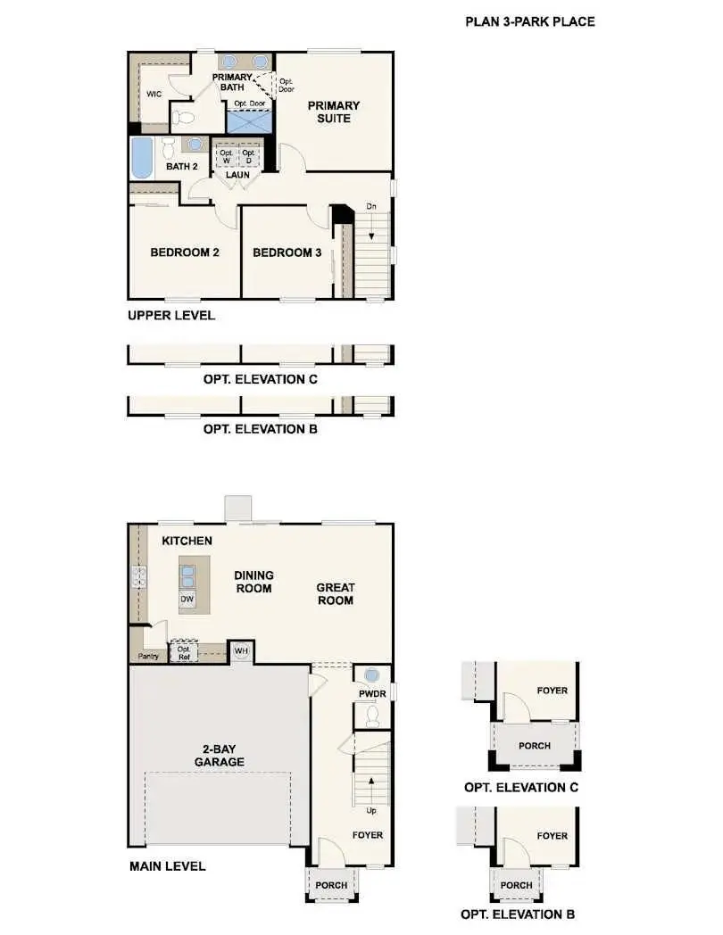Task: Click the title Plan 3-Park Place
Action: [x=529, y=22]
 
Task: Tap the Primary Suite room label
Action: [x=334, y=112]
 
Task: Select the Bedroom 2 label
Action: [x=185, y=252]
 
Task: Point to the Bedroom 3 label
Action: [x=287, y=252]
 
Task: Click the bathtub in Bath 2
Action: [x=142, y=157]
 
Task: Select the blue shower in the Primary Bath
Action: [x=249, y=121]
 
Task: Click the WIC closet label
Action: [x=154, y=95]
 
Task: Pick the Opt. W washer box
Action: [x=226, y=157]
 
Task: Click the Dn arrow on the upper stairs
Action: [x=371, y=227]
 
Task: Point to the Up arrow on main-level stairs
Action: [x=371, y=790]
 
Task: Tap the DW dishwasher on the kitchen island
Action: [x=187, y=600]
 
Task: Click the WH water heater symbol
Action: [x=241, y=651]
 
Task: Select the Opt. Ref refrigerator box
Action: [x=184, y=652]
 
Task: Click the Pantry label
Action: [x=148, y=656]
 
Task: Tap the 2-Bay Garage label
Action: [x=219, y=756]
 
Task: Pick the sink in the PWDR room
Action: [x=372, y=675]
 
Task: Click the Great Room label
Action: [x=336, y=594]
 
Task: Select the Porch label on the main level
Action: [x=331, y=886]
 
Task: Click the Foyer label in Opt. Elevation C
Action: [x=553, y=691]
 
